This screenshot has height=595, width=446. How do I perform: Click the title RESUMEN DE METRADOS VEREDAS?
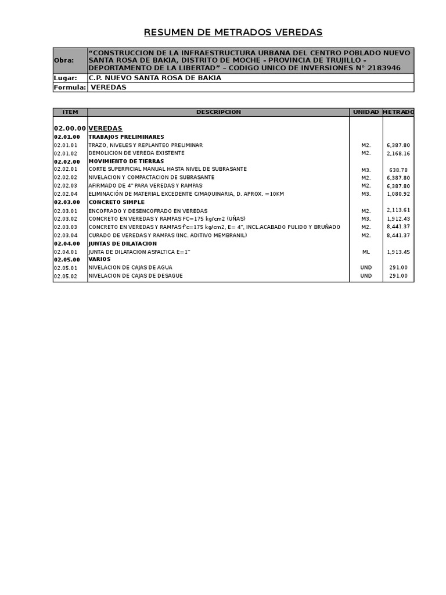[233, 33]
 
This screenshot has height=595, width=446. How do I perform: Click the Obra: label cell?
[64, 60]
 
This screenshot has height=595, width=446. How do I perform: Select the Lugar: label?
[65, 78]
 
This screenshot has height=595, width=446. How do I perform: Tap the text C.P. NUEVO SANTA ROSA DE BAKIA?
[154, 78]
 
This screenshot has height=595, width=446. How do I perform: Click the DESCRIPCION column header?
[218, 112]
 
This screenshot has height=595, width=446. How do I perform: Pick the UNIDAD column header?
[366, 112]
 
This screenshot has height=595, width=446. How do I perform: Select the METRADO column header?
[398, 112]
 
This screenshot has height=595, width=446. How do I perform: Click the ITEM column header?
[70, 112]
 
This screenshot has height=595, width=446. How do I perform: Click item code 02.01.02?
[66, 153]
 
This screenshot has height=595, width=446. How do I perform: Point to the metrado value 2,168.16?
[398, 153]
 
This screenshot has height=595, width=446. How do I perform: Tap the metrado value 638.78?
[398, 170]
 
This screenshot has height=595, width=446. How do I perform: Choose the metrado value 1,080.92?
[398, 194]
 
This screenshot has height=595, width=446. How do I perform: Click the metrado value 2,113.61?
[398, 210]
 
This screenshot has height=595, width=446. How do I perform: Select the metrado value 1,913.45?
[398, 252]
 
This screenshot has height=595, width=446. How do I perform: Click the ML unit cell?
[366, 252]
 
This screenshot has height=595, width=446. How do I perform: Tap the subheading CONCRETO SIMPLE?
[116, 202]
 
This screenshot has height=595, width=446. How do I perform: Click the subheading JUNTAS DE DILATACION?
[123, 243]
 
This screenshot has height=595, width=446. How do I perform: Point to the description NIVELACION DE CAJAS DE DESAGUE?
[135, 276]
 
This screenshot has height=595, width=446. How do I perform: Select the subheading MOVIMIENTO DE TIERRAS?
[126, 161]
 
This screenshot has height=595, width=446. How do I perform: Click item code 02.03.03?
[66, 227]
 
